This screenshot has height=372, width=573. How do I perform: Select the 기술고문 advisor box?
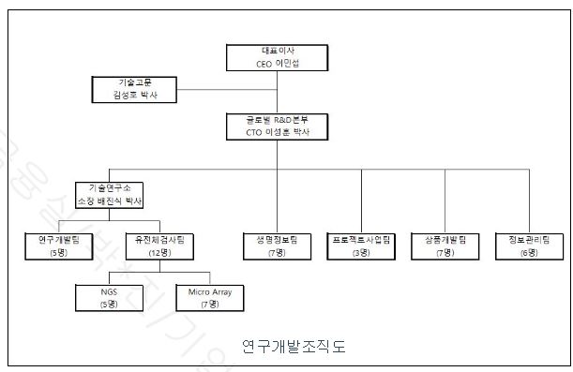(x=133, y=89)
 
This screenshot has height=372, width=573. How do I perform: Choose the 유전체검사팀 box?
(x=159, y=246)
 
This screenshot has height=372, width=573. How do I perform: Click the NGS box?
(x=110, y=297)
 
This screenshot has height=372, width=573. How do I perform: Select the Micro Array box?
(x=209, y=297)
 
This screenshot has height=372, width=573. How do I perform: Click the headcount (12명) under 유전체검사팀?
(x=159, y=252)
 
